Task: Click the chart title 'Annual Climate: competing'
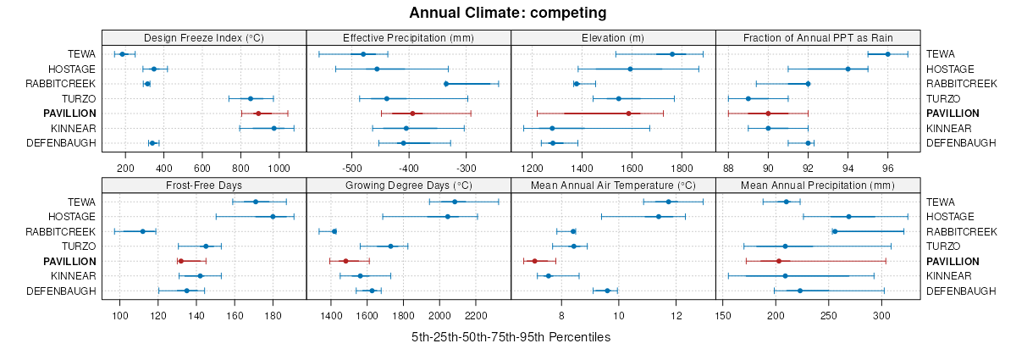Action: tap(507, 13)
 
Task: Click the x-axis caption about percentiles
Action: tap(511, 337)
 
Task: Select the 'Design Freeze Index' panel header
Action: tap(203, 37)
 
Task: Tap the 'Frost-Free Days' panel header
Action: tap(203, 185)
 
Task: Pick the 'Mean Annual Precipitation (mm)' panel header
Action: tap(817, 185)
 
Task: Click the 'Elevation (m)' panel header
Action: tap(613, 37)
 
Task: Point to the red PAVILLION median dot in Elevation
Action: tap(628, 114)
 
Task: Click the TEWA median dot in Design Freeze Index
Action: tap(122, 54)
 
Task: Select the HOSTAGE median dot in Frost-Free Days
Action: tap(273, 217)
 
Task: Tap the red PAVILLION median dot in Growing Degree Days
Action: tap(345, 262)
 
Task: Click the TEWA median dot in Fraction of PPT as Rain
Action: tap(887, 54)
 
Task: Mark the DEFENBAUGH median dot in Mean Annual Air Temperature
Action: tap(607, 291)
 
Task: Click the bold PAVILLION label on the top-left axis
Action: tap(71, 114)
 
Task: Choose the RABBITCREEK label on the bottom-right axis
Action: tap(961, 231)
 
